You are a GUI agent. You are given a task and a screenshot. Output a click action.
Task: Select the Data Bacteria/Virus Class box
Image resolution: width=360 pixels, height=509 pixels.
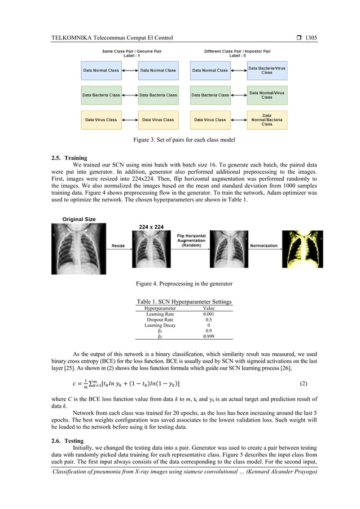click(267, 70)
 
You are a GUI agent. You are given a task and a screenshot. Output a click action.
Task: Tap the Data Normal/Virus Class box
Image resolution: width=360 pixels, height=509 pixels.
click(267, 95)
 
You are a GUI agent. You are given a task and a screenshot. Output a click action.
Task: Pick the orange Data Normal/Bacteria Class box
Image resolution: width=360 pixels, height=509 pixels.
click(267, 120)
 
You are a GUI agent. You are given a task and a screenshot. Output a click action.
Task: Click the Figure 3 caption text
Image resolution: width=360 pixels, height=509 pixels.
click(181, 139)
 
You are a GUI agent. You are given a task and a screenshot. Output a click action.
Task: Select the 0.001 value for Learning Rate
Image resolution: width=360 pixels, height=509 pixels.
click(208, 314)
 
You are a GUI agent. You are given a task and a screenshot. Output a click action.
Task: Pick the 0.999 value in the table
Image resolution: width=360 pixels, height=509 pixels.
click(208, 336)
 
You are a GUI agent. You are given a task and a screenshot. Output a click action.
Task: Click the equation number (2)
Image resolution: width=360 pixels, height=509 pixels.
click(303, 384)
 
